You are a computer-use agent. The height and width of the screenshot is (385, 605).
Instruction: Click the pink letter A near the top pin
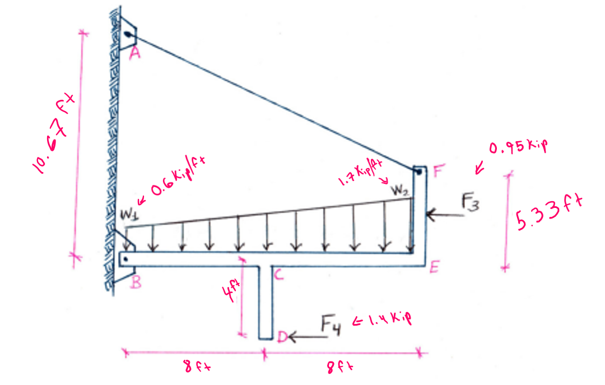tap(134, 53)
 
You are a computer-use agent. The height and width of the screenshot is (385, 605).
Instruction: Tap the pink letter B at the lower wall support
tap(136, 282)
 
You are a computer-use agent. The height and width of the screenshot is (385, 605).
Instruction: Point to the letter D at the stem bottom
tap(282, 337)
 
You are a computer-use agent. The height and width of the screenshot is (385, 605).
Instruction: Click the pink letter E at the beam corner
tap(435, 267)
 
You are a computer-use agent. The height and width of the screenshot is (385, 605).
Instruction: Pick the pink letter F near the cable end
tap(439, 170)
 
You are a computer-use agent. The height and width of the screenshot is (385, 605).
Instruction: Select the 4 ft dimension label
tap(231, 291)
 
